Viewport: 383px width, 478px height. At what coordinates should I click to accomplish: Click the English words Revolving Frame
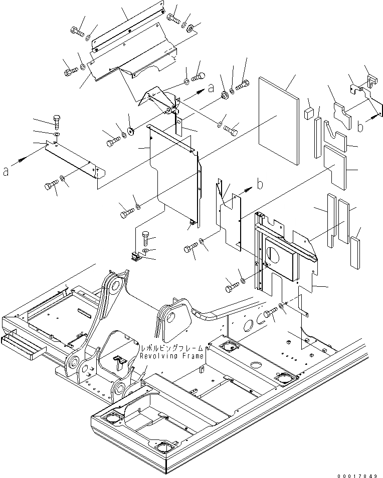pos(171,356)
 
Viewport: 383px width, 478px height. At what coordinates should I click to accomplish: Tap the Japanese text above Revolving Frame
pos(171,348)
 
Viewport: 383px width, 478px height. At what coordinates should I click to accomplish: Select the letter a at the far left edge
pos(6,171)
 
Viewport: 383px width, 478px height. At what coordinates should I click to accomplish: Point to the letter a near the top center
pos(211,88)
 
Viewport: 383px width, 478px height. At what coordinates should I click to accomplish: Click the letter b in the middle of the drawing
pos(260,185)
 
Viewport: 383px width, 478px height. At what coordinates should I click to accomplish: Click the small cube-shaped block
pos(308,113)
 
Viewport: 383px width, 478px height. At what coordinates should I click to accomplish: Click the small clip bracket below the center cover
pos(135,256)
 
